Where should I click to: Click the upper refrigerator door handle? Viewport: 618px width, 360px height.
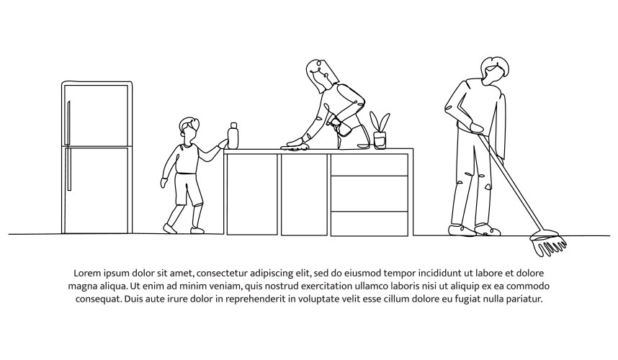(69, 122)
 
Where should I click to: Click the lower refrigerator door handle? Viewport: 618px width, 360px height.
(69, 169)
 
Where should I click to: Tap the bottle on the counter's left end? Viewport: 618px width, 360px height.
(233, 136)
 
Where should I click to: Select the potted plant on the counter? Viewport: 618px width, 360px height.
(380, 130)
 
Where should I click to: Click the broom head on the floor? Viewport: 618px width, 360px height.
(548, 243)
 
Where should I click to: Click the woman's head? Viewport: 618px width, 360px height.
(321, 76)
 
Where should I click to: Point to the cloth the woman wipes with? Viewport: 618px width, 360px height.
(295, 148)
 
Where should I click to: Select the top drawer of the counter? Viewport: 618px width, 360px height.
(370, 165)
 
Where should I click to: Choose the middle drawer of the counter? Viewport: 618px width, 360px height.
(370, 194)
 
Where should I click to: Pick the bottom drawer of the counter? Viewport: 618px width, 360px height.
(370, 224)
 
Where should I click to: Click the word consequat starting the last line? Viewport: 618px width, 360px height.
(98, 300)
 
